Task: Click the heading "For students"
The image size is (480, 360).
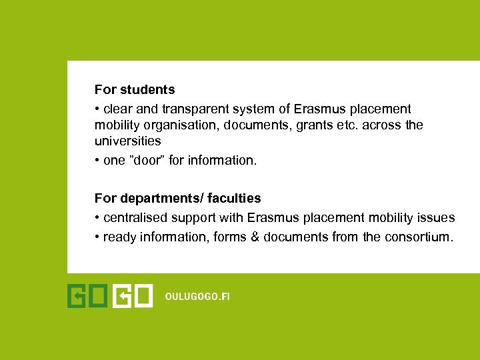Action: tap(135, 89)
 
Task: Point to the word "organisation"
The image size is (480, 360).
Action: tap(179, 125)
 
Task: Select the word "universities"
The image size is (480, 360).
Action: tap(128, 141)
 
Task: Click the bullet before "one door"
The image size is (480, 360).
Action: tap(97, 161)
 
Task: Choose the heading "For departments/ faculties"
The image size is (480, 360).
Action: tap(178, 198)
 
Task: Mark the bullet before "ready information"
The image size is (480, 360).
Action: tap(97, 237)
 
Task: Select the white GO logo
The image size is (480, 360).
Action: tap(133, 296)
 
